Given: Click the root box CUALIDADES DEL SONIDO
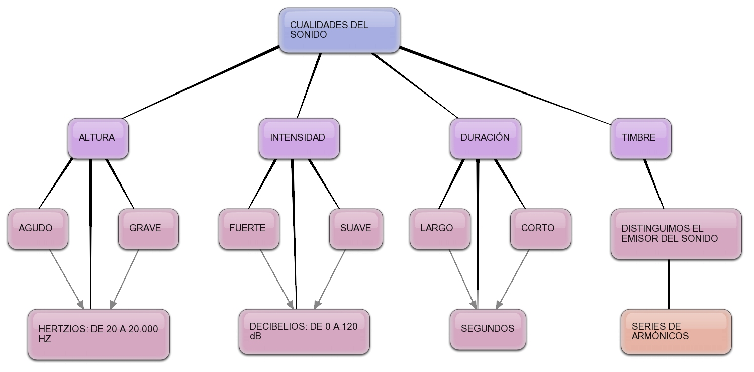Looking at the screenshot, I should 339,30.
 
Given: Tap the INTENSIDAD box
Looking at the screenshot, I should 299,138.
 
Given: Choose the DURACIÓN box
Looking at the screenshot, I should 485,138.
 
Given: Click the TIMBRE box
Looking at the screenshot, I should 641,138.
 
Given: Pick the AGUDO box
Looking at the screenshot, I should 38,229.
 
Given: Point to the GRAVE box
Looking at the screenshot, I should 148,229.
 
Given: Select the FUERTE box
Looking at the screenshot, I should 249,229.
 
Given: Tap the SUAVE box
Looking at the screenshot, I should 356,229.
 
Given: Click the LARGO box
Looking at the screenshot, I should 440,229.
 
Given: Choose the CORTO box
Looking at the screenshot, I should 540,229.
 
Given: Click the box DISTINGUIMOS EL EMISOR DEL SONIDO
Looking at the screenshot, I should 676,234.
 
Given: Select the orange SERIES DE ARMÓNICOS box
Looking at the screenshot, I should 676,332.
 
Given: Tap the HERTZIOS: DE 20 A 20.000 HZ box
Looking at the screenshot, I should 99,334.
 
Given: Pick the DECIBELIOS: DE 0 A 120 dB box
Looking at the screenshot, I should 304,332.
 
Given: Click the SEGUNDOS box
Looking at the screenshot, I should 488,329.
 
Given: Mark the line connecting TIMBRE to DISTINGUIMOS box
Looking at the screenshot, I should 654,183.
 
